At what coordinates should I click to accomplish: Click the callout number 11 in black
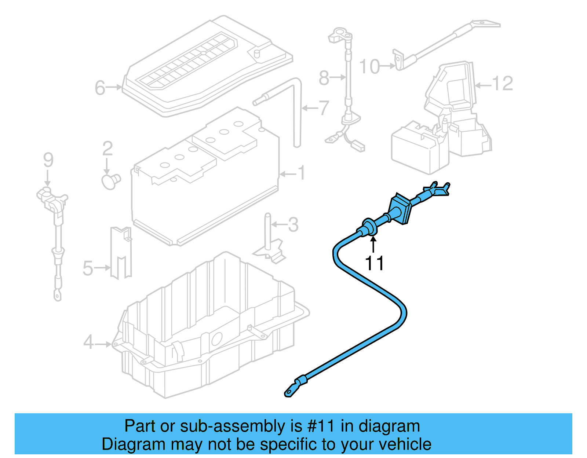[x=374, y=263]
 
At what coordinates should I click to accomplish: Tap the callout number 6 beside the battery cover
[x=100, y=88]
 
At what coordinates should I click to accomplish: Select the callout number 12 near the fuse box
[x=502, y=84]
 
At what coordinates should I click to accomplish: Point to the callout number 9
[x=48, y=160]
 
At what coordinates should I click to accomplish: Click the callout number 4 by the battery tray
[x=88, y=342]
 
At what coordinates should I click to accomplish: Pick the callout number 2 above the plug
[x=107, y=149]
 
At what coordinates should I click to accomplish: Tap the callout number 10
[x=369, y=67]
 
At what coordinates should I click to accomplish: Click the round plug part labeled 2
[x=110, y=181]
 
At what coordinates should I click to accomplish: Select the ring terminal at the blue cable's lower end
[x=290, y=392]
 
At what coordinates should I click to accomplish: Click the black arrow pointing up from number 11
[x=373, y=244]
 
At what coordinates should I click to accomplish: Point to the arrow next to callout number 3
[x=279, y=224]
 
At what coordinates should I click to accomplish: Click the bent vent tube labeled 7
[x=296, y=110]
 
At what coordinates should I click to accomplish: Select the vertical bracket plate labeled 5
[x=121, y=253]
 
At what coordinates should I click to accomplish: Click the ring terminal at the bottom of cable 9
[x=58, y=294]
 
